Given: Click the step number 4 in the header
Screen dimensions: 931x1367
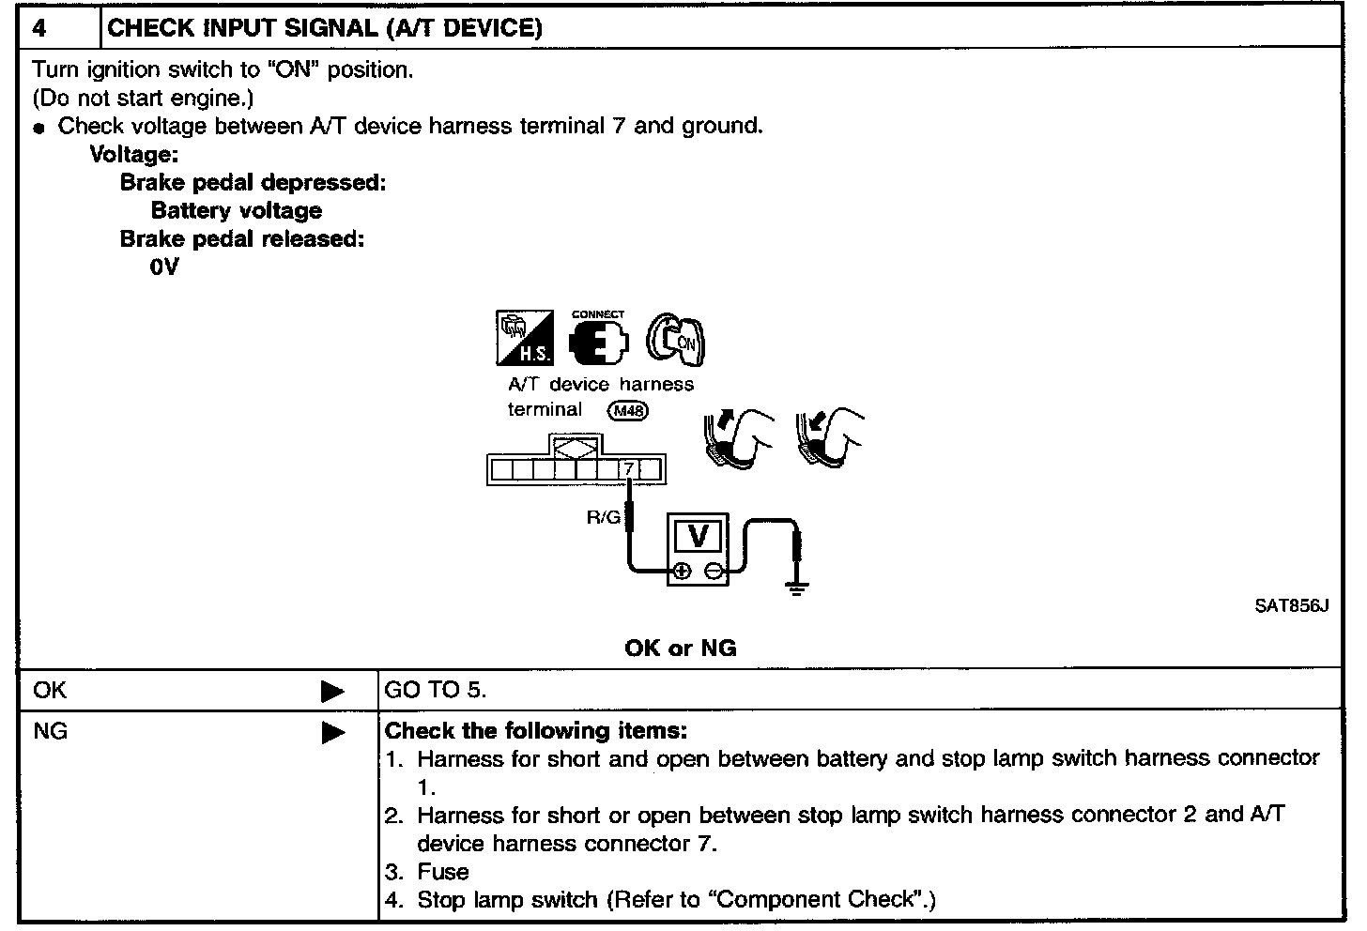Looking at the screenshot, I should [x=40, y=28].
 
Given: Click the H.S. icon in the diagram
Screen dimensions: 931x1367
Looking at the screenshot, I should [x=524, y=338].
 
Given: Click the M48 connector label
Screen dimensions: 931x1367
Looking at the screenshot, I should [x=628, y=410].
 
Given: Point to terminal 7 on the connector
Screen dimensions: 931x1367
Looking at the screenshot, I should [x=629, y=468].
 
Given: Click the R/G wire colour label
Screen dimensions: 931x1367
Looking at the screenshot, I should [x=604, y=516].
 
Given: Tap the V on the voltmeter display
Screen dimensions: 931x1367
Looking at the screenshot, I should [x=698, y=536].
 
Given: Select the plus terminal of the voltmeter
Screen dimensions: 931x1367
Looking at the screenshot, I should [x=683, y=570].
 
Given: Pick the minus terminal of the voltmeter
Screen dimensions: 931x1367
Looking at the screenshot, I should [x=714, y=570].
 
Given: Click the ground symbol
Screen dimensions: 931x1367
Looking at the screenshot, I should [x=797, y=589].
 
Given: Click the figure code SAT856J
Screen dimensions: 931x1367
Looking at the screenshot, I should [x=1292, y=606].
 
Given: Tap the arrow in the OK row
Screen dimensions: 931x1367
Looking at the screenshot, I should [x=332, y=692].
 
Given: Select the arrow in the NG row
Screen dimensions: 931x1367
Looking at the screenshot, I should [x=332, y=732].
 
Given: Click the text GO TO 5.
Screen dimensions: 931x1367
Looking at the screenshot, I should [x=436, y=691].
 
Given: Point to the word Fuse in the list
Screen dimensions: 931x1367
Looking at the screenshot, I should [x=443, y=872].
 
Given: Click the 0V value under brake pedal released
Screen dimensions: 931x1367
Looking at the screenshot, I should [x=163, y=267].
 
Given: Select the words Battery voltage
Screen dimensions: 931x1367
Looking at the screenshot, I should [x=236, y=211].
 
